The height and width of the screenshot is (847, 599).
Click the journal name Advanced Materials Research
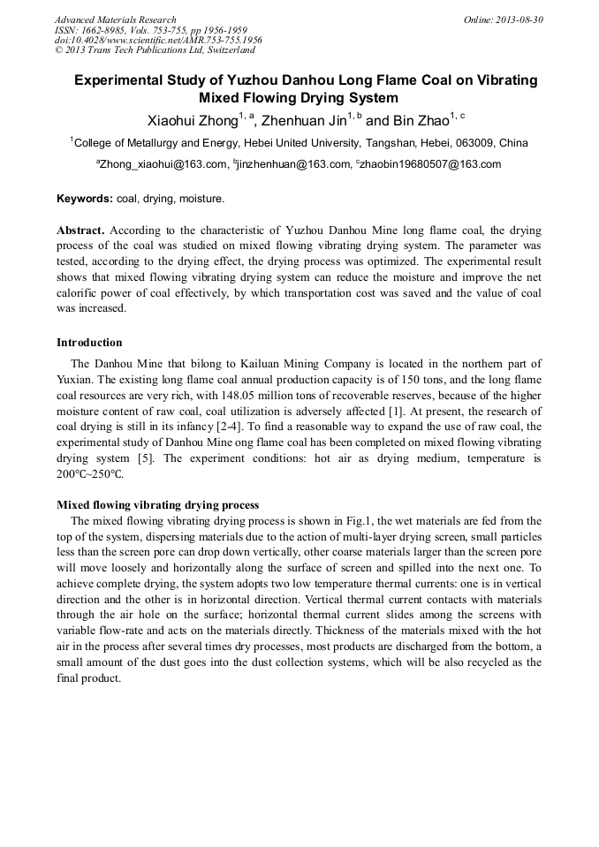coord(115,19)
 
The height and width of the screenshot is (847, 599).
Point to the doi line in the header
coord(158,40)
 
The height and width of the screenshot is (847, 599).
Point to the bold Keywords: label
coord(85,200)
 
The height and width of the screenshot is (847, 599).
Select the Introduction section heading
coord(89,343)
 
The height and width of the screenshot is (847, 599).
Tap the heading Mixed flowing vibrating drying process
coord(157,505)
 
